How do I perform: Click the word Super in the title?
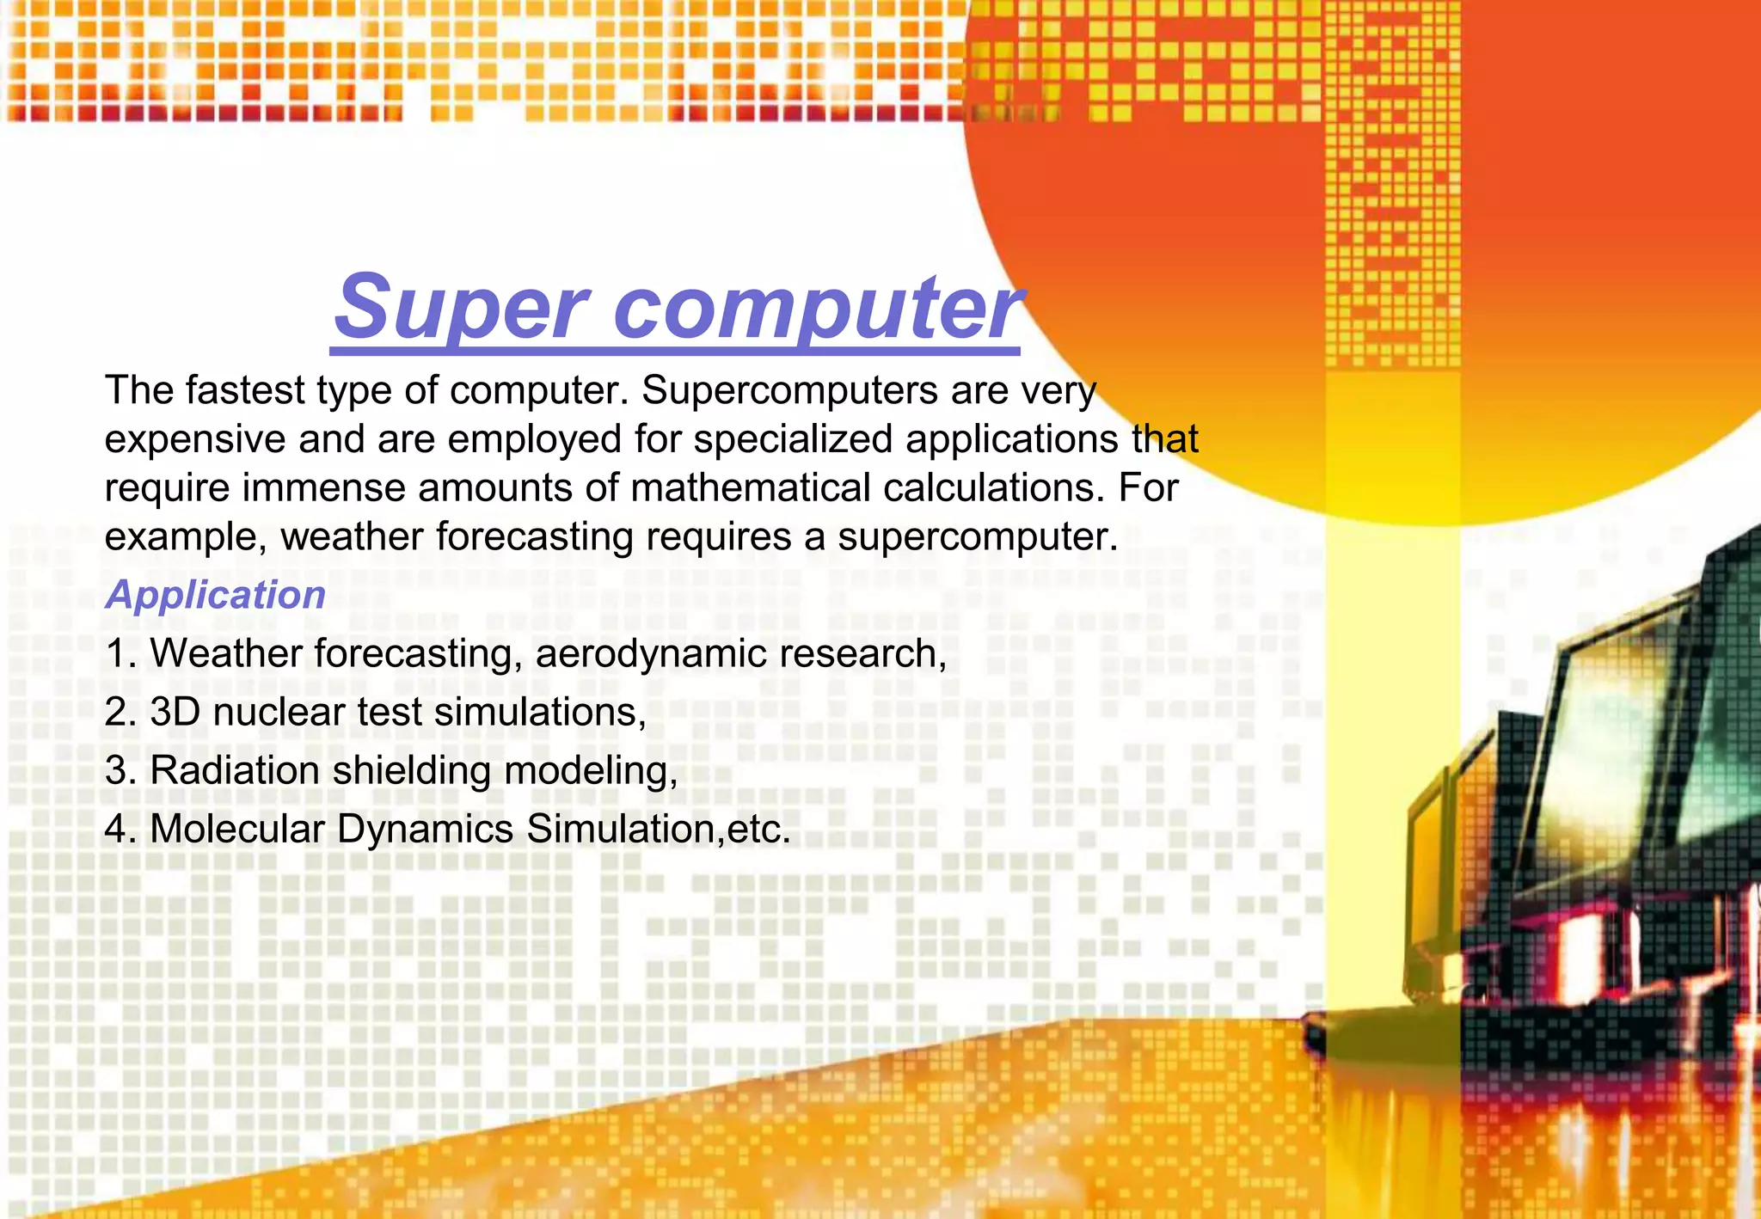(461, 308)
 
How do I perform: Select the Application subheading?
(215, 595)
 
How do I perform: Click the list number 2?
(120, 713)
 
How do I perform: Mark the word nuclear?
(279, 713)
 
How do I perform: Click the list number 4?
(120, 830)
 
